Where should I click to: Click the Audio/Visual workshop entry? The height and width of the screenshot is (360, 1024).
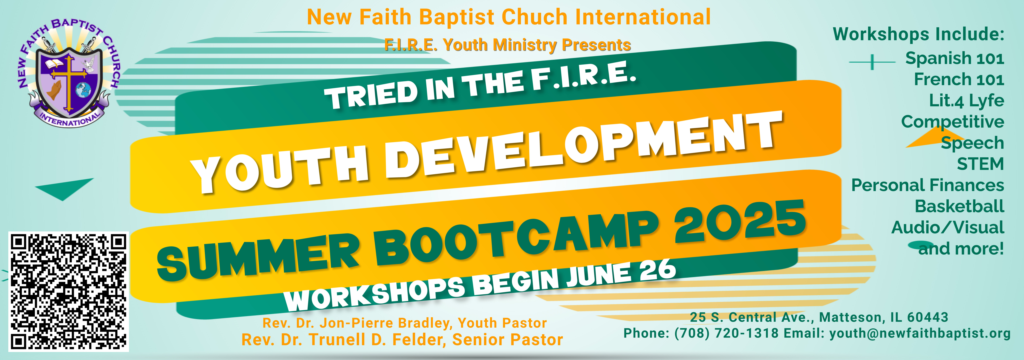tap(948, 227)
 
